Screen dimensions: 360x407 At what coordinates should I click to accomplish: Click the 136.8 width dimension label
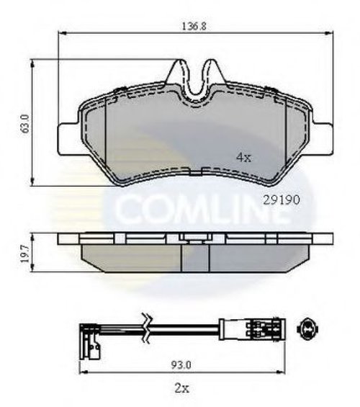point(194,26)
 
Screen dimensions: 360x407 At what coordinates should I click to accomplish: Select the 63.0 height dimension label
point(26,123)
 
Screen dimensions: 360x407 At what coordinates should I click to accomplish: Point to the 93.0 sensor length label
point(181,365)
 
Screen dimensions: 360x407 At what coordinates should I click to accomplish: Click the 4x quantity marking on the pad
point(244,157)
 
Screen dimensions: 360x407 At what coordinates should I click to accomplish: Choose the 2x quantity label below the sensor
point(182,388)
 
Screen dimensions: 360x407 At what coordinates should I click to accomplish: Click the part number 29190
point(282,200)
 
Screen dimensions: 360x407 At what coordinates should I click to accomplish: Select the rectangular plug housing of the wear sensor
point(253,329)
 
